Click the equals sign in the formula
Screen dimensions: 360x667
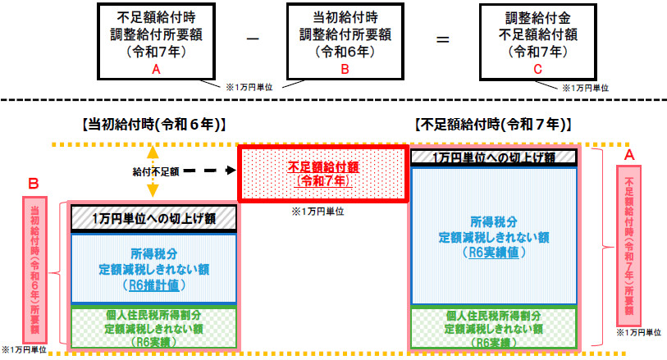tap(442, 39)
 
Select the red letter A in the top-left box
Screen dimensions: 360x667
tap(154, 71)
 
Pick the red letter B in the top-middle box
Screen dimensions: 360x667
tap(345, 71)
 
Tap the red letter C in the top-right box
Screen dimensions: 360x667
tap(537, 71)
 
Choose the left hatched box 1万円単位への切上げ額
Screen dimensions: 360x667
tap(153, 218)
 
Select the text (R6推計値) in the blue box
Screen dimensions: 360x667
tap(153, 285)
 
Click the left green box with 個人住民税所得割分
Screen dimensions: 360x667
tap(153, 327)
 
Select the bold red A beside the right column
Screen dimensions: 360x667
tap(629, 154)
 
